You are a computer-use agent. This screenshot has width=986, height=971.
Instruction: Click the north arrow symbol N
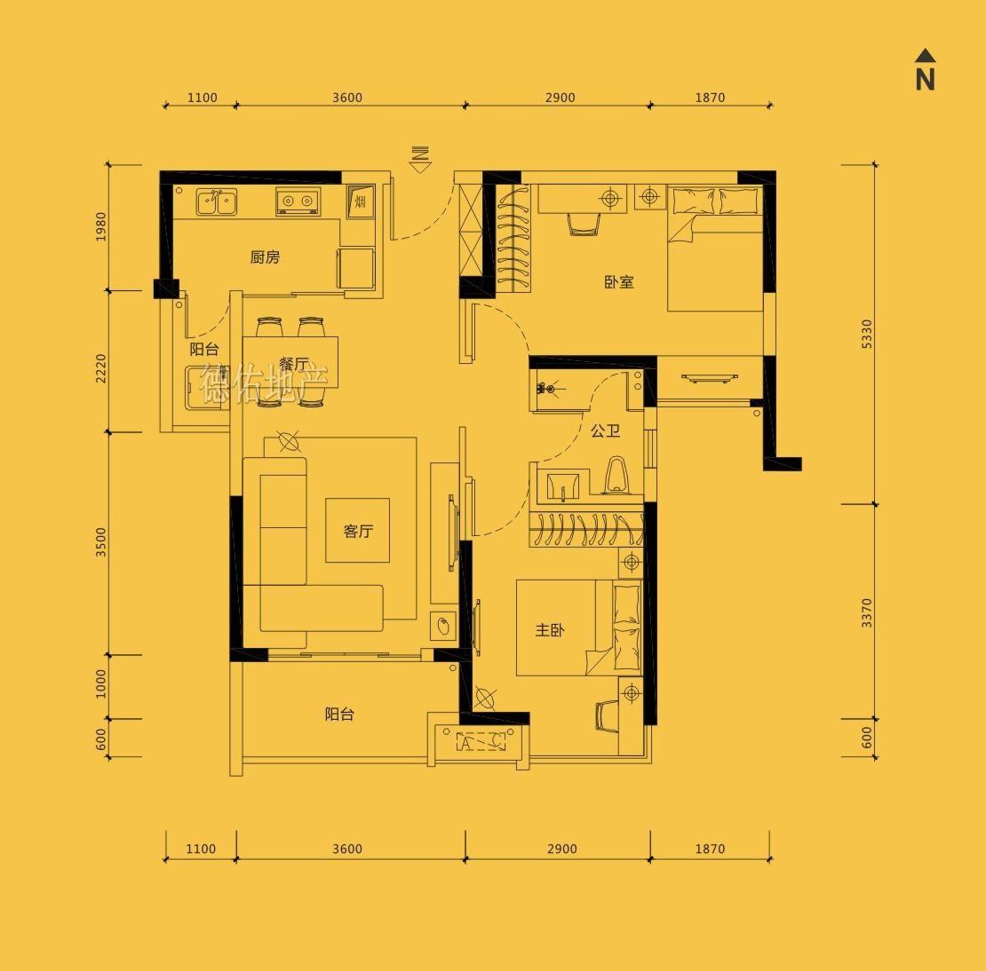925,70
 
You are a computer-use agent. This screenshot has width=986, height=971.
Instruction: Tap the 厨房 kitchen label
265,257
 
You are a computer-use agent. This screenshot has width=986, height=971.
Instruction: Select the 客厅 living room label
358,531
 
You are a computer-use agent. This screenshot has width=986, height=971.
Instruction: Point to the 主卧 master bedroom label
550,630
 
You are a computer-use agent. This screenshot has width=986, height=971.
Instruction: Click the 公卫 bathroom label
606,430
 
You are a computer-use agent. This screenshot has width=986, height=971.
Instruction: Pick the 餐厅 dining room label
294,364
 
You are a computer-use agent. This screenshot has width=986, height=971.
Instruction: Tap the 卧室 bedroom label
619,282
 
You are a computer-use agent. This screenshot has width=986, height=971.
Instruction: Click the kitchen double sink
217,201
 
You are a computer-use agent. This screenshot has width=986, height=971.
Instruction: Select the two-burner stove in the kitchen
298,201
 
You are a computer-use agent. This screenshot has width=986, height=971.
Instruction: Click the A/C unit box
481,742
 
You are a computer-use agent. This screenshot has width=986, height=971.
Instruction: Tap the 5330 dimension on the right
867,334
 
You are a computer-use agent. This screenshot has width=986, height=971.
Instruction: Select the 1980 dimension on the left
100,226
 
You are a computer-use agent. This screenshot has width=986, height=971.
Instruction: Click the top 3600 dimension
347,98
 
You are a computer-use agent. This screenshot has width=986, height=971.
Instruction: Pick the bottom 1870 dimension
710,849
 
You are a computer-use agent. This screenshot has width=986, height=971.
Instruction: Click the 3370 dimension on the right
867,612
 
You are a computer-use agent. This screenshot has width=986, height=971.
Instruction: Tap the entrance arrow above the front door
420,160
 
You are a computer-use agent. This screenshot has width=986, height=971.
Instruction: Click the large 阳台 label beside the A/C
339,714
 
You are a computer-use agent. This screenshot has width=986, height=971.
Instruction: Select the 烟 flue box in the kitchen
361,201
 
